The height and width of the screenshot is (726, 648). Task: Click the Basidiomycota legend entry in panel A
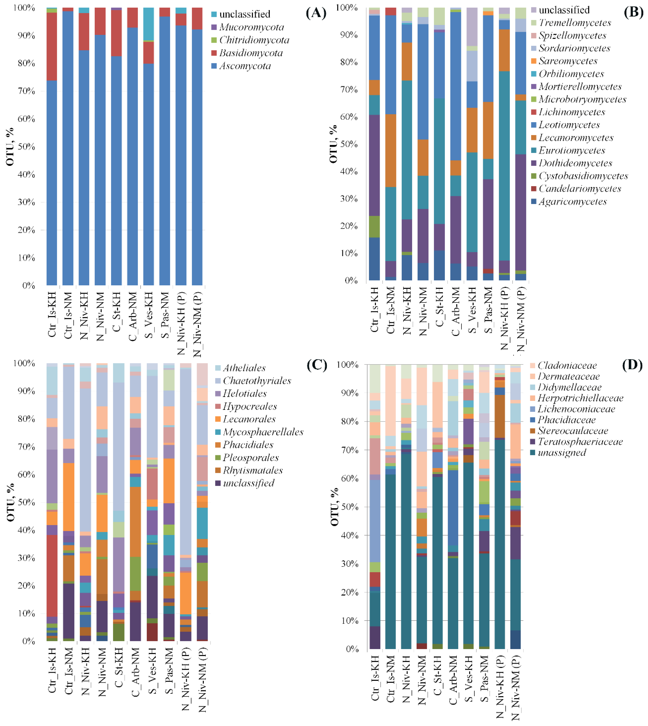click(251, 53)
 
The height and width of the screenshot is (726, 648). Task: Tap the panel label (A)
click(316, 13)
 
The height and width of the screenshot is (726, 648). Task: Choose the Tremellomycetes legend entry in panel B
click(575, 23)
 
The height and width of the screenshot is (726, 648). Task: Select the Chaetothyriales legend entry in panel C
click(257, 381)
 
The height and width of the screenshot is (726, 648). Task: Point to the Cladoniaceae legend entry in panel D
click(567, 365)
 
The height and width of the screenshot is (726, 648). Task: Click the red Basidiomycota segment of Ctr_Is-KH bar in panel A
click(52, 46)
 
